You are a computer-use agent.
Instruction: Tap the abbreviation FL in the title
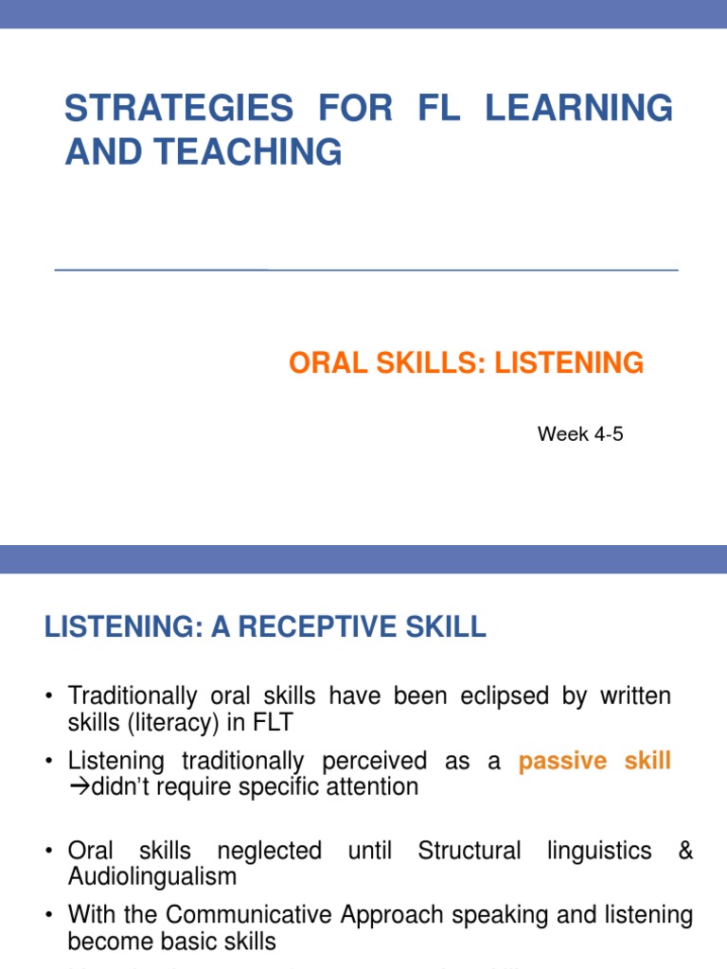(437, 108)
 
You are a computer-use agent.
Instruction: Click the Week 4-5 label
(580, 434)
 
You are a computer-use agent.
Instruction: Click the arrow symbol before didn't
(78, 786)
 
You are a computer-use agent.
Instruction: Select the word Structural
(470, 851)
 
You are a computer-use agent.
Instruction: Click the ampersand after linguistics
(685, 851)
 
